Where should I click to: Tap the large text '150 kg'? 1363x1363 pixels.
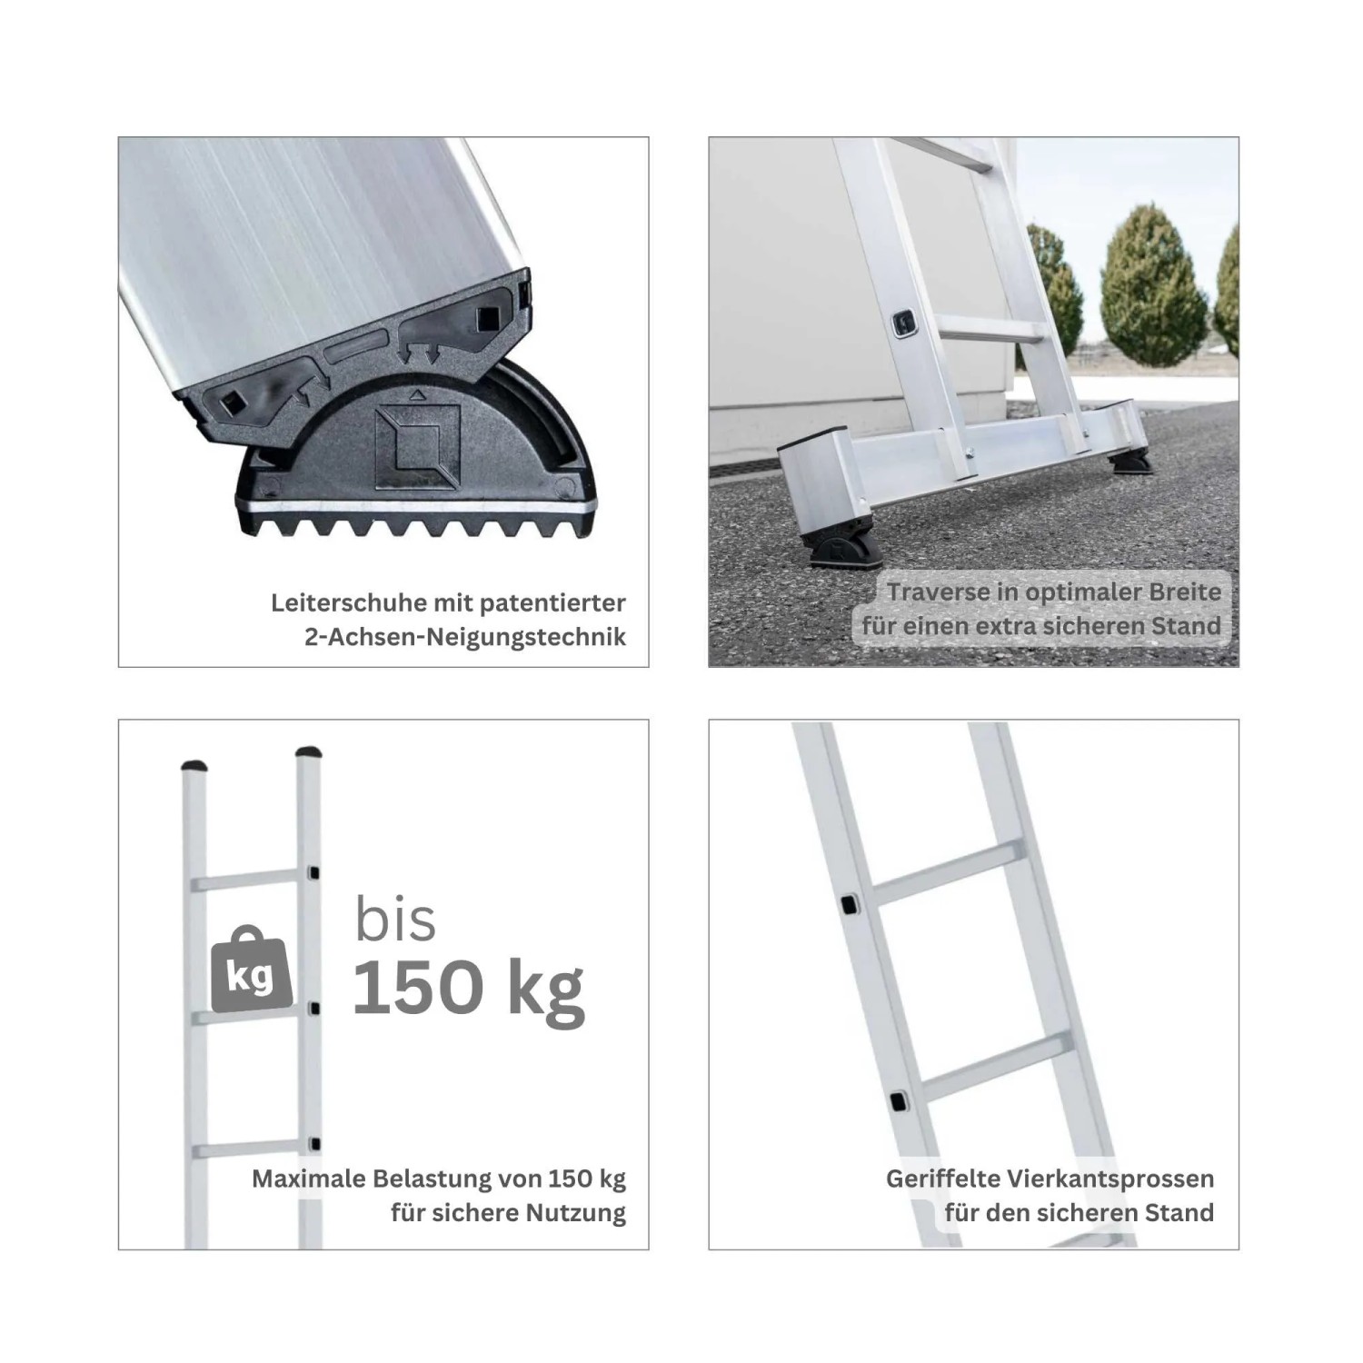(468, 989)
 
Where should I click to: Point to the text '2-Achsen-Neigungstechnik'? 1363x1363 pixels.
(465, 637)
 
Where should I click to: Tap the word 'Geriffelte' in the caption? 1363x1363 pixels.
(940, 1179)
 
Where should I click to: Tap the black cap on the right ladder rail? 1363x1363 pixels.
(310, 752)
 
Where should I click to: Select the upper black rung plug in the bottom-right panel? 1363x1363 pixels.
(850, 905)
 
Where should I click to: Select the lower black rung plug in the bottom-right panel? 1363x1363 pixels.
(898, 1100)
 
